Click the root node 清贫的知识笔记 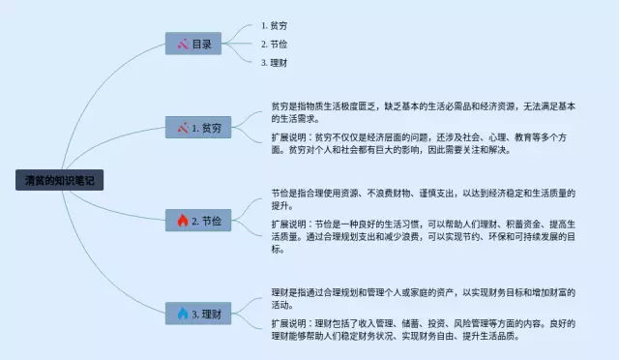point(60,180)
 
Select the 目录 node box point(193,44)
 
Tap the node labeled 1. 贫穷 point(198,127)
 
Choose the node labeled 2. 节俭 point(198,220)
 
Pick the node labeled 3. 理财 point(198,314)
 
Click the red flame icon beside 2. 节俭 point(183,220)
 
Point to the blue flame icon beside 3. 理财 point(183,314)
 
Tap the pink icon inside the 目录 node point(183,44)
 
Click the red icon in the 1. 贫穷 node point(183,128)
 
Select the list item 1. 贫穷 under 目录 point(275,26)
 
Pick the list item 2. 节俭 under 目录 point(275,45)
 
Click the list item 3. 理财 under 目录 point(275,63)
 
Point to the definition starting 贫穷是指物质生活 point(424,112)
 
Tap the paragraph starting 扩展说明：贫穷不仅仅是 point(419,143)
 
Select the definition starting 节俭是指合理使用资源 point(424,199)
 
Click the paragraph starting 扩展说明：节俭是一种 point(424,236)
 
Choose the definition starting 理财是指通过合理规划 point(424,299)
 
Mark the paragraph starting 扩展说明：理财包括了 point(424,330)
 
